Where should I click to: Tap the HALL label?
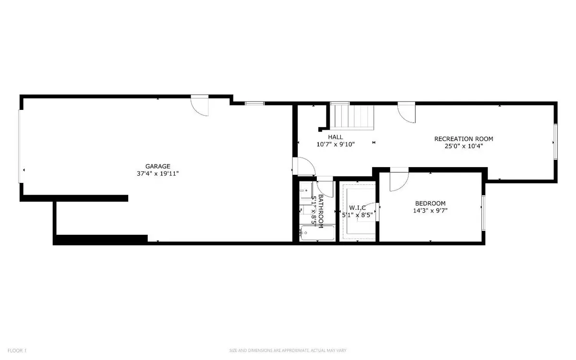(335, 137)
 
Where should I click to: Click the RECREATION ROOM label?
(464, 139)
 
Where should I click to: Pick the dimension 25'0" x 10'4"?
(464, 146)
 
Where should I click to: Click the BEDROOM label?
(431, 203)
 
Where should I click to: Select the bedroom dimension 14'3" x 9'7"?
(431, 210)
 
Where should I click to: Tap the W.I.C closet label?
(358, 207)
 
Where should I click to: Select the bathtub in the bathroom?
(317, 234)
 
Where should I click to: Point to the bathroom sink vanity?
(305, 191)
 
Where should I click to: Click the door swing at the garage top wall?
(201, 106)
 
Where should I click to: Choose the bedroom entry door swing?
(398, 180)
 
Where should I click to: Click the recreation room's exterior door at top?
(407, 112)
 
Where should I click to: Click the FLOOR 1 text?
(16, 351)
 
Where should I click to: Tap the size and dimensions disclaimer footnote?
(288, 351)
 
